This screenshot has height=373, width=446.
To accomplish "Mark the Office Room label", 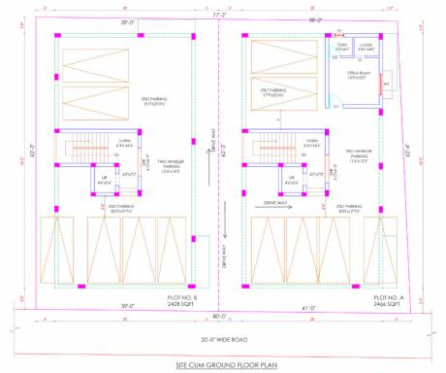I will (x=362, y=76).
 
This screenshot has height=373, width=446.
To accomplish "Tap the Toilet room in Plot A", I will (x=342, y=47).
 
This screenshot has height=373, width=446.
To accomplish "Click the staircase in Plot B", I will (x=75, y=150).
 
